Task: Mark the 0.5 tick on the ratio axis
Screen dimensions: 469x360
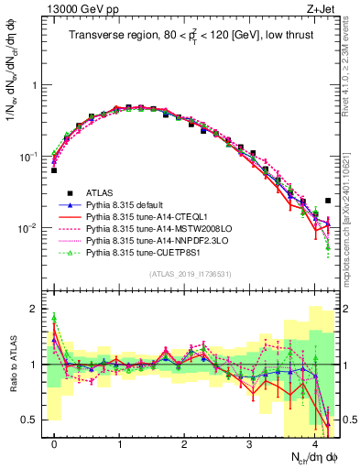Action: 33,420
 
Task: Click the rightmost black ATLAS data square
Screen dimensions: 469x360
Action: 328,201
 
